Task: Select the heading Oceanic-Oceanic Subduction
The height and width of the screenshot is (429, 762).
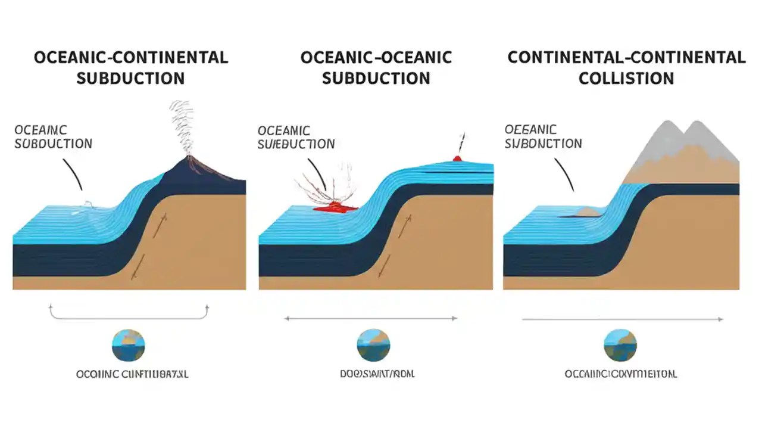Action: coord(376,68)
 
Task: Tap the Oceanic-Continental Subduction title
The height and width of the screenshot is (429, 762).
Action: coord(130,68)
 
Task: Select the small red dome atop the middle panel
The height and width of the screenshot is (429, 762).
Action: coord(457,158)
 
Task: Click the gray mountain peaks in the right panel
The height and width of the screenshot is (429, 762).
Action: coord(685,141)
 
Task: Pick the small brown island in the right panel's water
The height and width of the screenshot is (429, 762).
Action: coord(588,212)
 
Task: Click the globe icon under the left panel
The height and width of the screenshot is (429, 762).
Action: coord(128,346)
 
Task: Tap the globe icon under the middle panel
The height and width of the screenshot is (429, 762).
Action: coord(373,346)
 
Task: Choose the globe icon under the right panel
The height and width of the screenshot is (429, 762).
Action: coord(620,346)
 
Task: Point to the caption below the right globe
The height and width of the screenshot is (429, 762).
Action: coord(620,374)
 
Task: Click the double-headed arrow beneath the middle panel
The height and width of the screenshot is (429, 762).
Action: coord(371,319)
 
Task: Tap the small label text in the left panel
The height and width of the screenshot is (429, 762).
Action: coord(53,137)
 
